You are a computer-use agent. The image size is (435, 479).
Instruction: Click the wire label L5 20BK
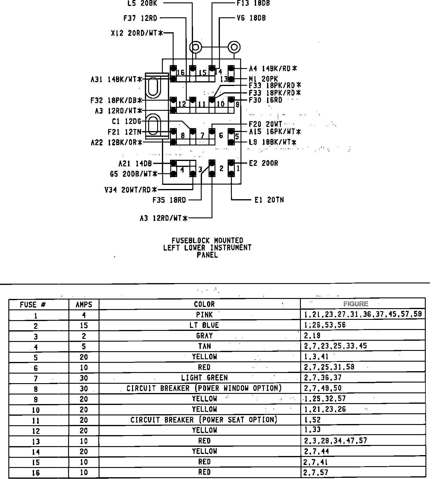[142, 3]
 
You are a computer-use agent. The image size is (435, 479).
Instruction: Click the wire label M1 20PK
[264, 79]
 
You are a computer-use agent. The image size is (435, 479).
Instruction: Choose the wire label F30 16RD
[266, 100]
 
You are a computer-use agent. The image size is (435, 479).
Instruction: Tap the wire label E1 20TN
[269, 200]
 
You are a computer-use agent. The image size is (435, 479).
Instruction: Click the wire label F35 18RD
[169, 200]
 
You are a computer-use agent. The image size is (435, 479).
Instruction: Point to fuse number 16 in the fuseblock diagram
[180, 73]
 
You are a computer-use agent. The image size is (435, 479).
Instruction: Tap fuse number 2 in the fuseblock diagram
[221, 168]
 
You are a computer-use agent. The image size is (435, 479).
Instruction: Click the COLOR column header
[204, 304]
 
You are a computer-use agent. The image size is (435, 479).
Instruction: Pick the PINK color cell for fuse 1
[204, 315]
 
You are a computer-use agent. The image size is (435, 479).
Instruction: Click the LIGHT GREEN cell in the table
[204, 378]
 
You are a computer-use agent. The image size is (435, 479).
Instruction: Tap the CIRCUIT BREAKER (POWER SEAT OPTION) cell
[204, 420]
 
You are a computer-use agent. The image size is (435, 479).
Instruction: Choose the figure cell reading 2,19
[312, 336]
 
